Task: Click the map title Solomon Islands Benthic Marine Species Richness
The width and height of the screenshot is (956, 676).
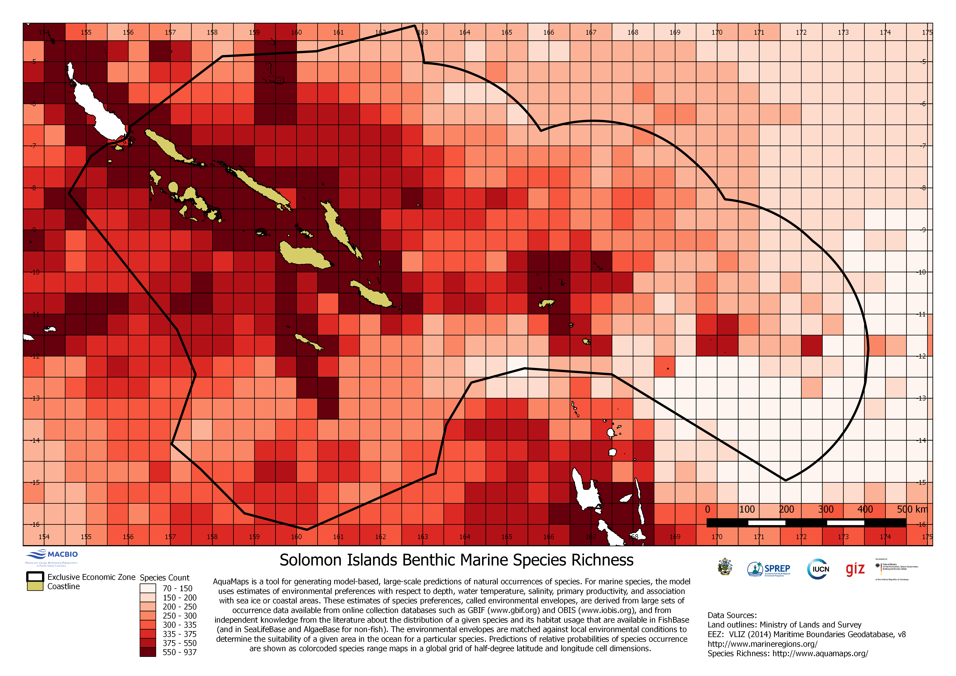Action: point(456,560)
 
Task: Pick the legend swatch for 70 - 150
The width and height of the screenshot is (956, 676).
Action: point(148,588)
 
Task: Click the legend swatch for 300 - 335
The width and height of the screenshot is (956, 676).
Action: point(148,625)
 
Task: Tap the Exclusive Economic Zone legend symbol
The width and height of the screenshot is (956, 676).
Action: point(35,577)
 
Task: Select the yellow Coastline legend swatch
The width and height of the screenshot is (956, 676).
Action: point(35,586)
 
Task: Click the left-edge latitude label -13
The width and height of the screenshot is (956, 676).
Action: point(36,398)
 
